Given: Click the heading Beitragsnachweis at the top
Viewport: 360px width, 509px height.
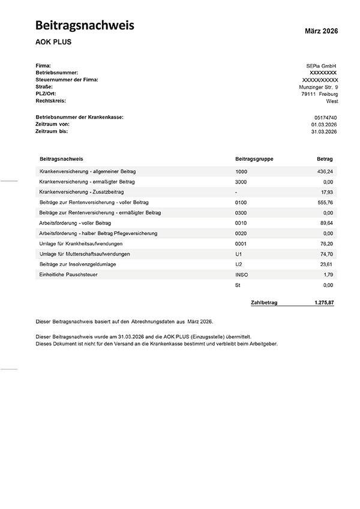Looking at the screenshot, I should point(85,25).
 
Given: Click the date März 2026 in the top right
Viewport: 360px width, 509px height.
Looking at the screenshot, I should point(322,31).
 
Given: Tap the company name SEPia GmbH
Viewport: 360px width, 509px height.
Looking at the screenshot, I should point(322,65).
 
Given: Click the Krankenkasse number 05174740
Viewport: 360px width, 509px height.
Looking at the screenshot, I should point(326,118).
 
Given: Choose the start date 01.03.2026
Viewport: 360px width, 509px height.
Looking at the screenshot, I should point(324,124).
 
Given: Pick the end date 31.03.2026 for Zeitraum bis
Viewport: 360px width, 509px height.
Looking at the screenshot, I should point(324,131).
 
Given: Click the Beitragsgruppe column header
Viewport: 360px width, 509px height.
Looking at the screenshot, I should point(254,159).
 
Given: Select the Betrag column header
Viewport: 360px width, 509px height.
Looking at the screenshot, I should point(325,159).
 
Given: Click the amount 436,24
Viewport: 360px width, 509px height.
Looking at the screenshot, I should point(325,171).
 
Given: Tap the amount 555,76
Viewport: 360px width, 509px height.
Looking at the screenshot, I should point(325,202).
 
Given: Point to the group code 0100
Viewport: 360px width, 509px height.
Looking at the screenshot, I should point(241,202).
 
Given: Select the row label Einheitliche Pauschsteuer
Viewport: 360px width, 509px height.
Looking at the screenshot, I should point(68,275).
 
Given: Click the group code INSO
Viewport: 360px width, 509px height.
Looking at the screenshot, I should point(242,275).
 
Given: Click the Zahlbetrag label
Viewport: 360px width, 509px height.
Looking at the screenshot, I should point(264,303).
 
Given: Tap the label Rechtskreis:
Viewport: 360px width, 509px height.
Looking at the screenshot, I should point(51,101).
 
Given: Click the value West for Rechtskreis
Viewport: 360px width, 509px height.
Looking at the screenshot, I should point(332,101).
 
